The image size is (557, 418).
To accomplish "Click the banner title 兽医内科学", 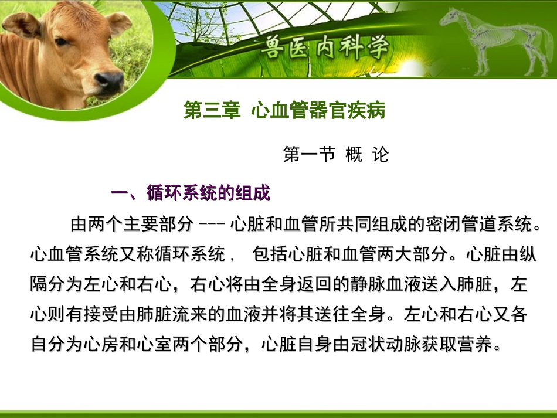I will tap(325, 47).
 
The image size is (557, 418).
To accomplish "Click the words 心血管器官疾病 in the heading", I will tap(318, 110).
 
